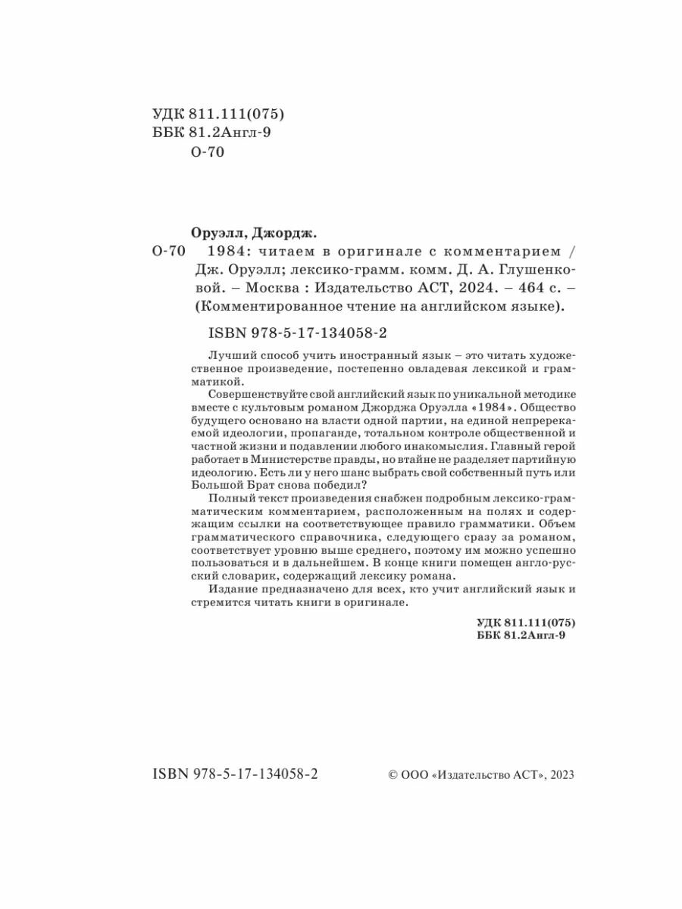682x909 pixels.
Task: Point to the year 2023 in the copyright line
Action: [x=562, y=774]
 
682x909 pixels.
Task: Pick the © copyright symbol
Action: [x=393, y=774]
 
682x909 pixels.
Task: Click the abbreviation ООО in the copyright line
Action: [x=414, y=774]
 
